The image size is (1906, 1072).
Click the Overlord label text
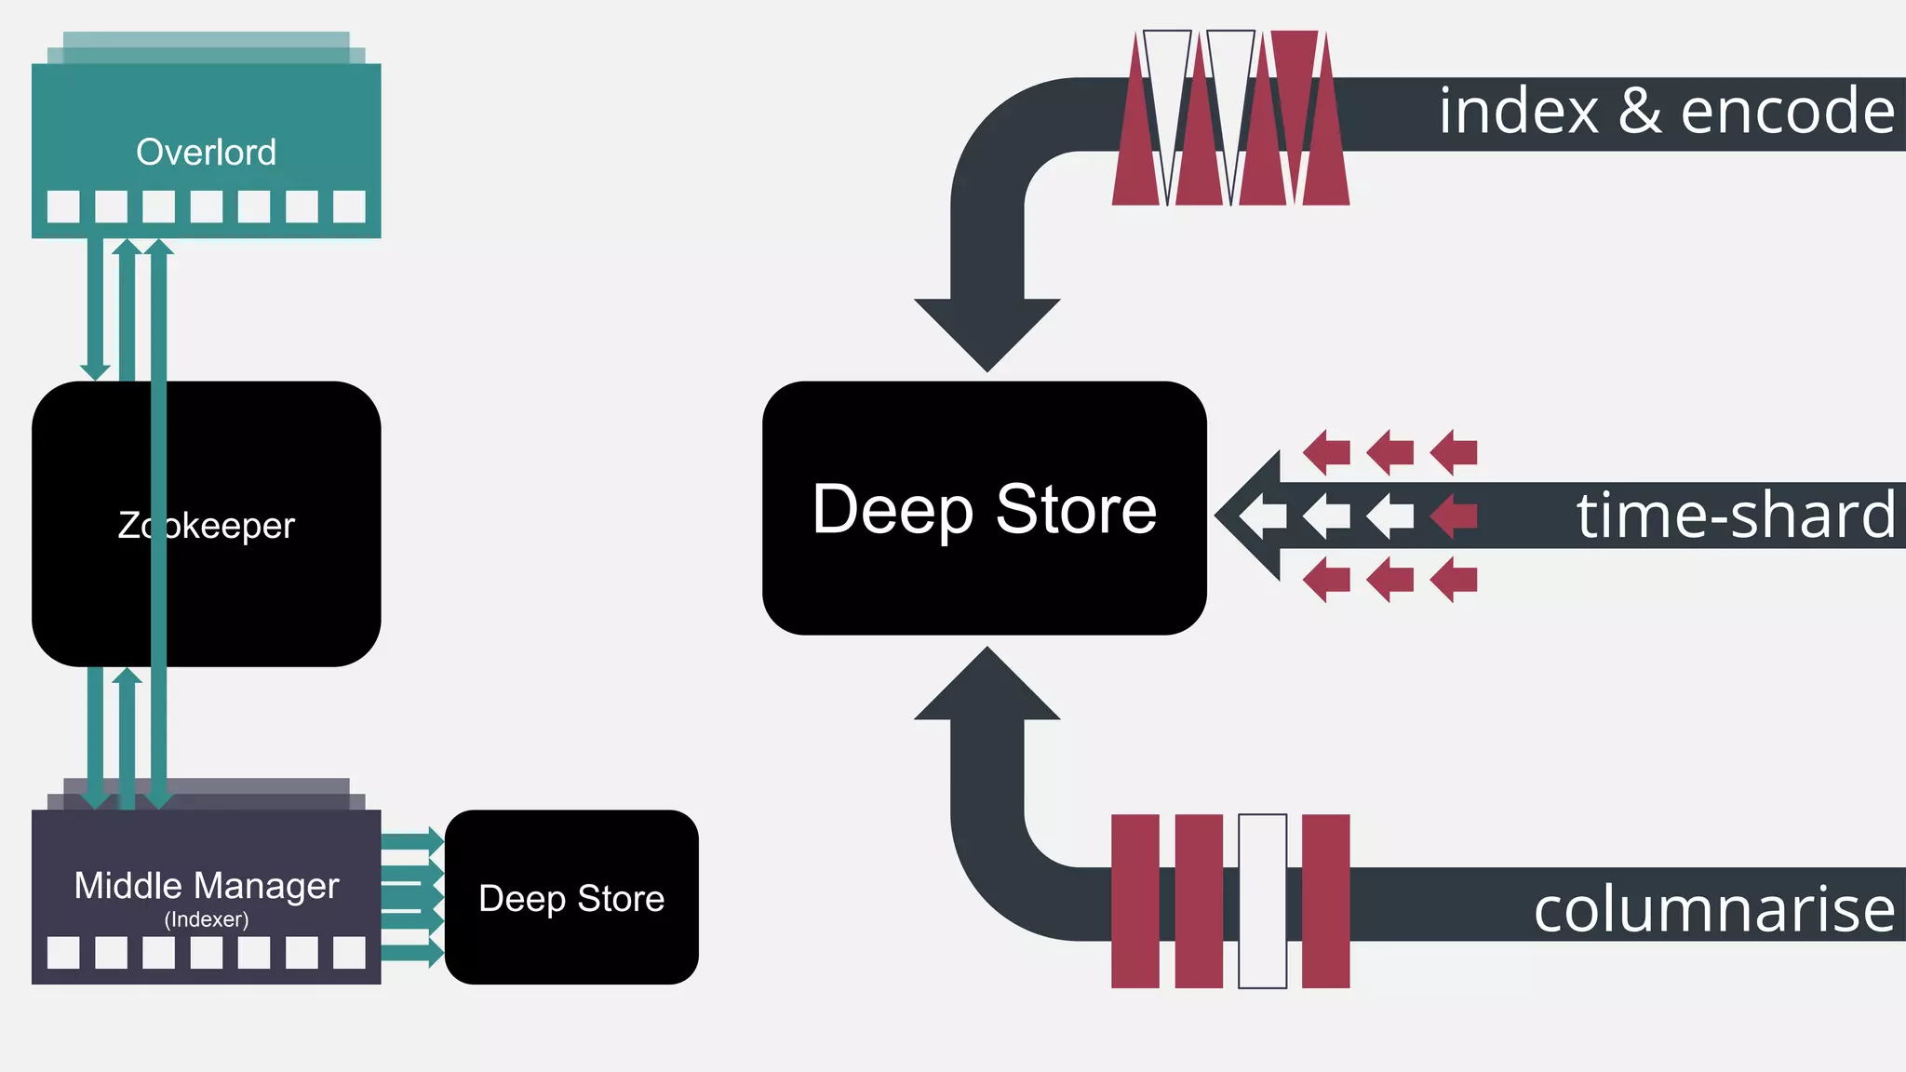point(206,152)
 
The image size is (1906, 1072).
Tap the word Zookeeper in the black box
point(206,526)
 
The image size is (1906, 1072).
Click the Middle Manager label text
point(206,885)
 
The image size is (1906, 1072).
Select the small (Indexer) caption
point(206,919)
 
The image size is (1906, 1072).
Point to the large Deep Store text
point(984,509)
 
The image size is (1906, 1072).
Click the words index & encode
point(1666,111)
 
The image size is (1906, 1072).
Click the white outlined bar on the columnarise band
point(1262,901)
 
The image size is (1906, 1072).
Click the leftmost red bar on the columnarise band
point(1135,901)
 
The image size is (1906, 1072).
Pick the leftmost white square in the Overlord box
point(63,207)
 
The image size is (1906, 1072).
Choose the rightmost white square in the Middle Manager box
point(349,952)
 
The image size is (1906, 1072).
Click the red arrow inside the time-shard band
point(1453,516)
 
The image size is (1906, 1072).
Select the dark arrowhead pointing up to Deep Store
point(987,687)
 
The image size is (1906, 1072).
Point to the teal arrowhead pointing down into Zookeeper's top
point(95,371)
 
